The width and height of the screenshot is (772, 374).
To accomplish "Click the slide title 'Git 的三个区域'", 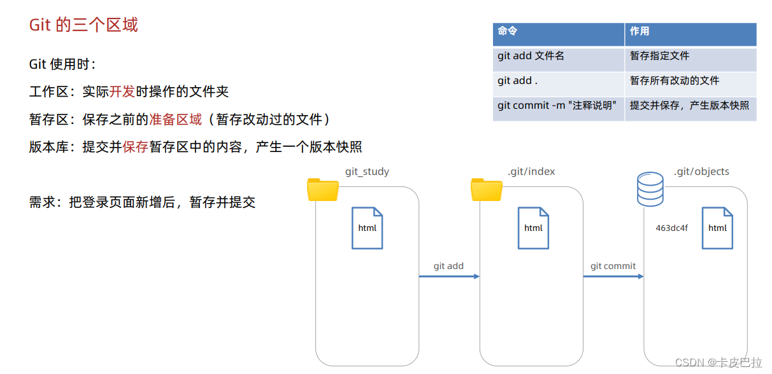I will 83,25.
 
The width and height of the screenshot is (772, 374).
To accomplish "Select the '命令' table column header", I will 508,31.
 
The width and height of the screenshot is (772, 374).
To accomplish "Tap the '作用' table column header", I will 640,31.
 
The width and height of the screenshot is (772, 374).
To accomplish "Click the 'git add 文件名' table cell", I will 531,56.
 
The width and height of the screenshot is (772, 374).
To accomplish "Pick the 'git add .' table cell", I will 517,81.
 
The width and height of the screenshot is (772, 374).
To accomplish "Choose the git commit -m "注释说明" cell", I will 557,106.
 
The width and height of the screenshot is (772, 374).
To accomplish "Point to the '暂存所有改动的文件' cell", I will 675,81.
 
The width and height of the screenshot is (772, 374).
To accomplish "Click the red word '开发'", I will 122,92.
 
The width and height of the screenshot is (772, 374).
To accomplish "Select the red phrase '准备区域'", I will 175,120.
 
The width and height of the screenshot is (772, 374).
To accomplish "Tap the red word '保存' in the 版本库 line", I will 136,148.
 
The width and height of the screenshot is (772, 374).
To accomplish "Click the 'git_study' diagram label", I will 367,172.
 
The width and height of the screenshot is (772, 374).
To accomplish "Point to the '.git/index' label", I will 531,172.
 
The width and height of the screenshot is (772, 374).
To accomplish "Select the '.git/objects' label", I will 701,172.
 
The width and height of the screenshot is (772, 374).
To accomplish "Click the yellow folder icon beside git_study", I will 323,190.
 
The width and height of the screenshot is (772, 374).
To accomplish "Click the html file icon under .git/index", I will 533,228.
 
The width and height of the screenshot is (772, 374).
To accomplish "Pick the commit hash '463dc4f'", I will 671,228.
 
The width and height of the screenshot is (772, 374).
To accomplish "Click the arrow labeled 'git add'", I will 448,276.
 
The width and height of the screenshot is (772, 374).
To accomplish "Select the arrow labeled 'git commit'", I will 613,276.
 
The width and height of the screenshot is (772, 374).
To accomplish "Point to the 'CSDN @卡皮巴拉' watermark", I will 718,363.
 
